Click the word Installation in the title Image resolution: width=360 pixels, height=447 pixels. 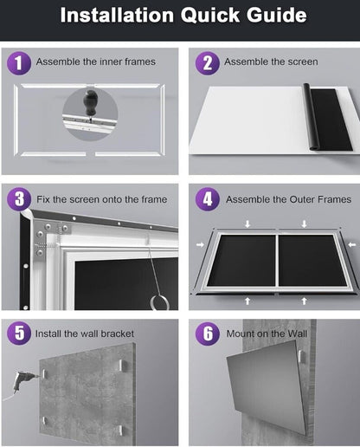(x=117, y=15)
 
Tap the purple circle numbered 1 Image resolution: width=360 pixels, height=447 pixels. (x=19, y=63)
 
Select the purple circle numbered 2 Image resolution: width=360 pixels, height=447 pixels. (x=208, y=63)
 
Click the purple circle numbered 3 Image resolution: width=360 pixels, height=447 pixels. (x=19, y=199)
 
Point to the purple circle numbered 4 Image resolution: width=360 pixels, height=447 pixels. (x=208, y=199)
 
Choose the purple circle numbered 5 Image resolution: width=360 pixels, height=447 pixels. (x=19, y=334)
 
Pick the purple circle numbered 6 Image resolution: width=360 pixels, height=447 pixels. (x=208, y=334)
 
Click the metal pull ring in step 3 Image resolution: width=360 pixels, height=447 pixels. (x=159, y=302)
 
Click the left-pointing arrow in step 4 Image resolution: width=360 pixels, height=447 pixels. (x=351, y=245)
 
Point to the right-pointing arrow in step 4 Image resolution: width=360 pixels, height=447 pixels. (x=200, y=245)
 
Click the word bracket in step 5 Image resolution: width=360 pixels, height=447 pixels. (x=118, y=334)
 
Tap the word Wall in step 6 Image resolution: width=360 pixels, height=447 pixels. (x=295, y=334)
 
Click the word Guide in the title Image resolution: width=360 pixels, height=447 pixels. (x=276, y=15)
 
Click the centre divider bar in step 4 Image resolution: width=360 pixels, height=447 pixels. (x=277, y=260)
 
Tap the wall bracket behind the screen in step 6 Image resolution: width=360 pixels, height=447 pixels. (x=301, y=357)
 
